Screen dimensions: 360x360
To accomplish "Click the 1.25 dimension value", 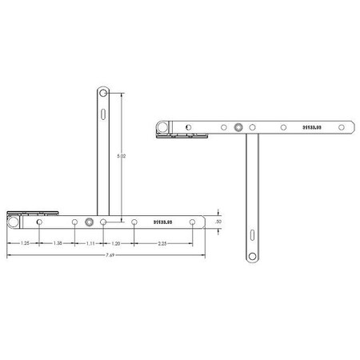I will pos(26,242).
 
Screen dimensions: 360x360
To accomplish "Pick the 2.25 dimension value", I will pos(162,242).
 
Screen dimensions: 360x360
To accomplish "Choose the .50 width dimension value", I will pos(218,222).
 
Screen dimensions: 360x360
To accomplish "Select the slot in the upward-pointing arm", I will pos(102,114).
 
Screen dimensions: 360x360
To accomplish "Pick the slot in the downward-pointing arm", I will pos(252,236).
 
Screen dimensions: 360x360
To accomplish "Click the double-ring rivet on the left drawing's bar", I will pos(90,222).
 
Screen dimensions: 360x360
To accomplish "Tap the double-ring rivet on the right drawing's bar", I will pos(239,126).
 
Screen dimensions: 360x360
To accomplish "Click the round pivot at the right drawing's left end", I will pos(162,126).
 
